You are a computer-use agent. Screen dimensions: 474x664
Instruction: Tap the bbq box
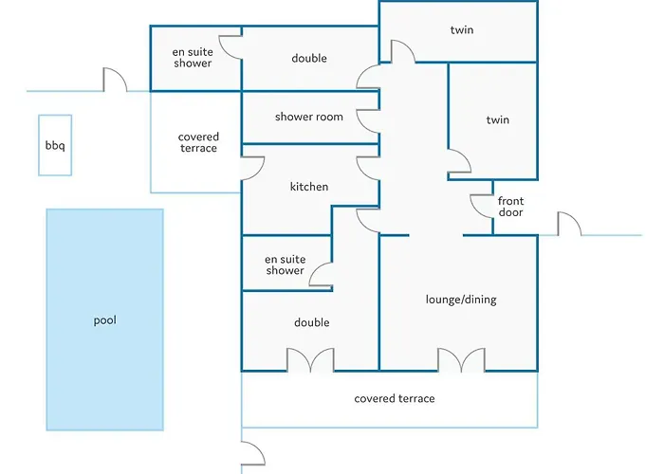pos(54,146)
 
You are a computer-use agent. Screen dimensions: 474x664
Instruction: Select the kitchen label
pos(309,187)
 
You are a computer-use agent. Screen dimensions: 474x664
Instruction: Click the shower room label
pos(309,118)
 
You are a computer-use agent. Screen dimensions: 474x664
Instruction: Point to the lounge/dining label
pos(461,300)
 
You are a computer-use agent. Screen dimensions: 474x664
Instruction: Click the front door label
pos(510,207)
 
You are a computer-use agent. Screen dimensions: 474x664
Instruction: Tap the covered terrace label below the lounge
pos(395,399)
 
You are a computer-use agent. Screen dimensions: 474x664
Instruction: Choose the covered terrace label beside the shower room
pos(197,143)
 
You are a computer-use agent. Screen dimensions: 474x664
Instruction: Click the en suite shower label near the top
pos(193,58)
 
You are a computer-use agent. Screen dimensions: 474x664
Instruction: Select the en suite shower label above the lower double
pos(285,264)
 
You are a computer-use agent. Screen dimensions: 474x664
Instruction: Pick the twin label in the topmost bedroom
pos(462,30)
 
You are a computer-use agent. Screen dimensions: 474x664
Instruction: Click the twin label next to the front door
pos(497,120)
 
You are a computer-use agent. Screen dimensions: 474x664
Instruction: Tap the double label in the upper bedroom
pos(309,59)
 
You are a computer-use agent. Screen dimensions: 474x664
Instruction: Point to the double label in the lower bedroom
pos(311,323)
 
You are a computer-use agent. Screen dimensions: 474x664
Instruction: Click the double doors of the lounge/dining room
pos(461,360)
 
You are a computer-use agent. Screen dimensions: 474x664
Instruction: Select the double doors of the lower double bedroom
pos(311,360)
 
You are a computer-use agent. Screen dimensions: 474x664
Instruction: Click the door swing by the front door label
pos(480,205)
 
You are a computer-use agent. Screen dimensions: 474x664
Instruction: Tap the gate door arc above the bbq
pos(115,81)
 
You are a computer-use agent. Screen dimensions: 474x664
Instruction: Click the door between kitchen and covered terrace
pos(251,167)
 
